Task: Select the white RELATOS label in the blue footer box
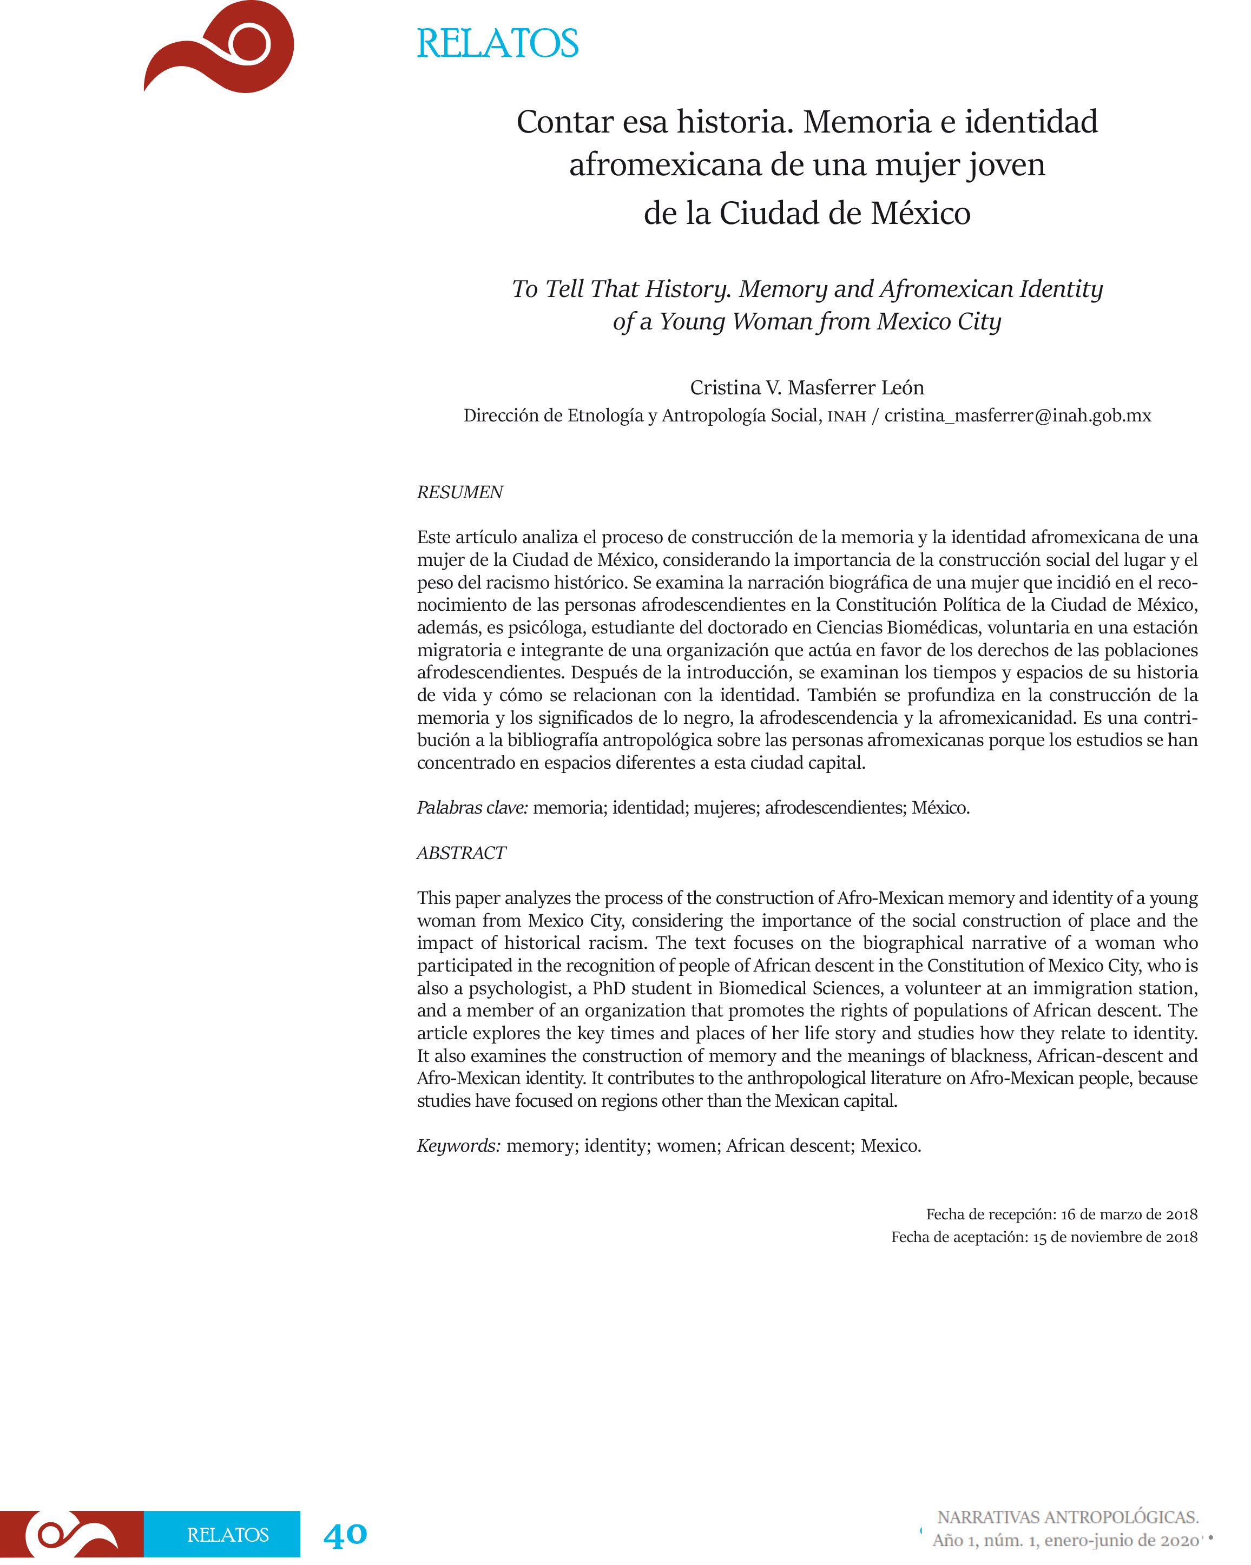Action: pos(228,1535)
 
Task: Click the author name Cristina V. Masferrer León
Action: pos(807,388)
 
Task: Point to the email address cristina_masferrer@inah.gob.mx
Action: pos(1017,416)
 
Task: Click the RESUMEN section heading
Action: pos(459,492)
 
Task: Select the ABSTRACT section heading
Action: pos(461,853)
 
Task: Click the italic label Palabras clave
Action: pos(472,808)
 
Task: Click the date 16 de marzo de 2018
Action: pos(1129,1214)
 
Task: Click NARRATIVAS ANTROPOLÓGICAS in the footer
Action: pos(1068,1517)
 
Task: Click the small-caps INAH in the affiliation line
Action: pos(847,417)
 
